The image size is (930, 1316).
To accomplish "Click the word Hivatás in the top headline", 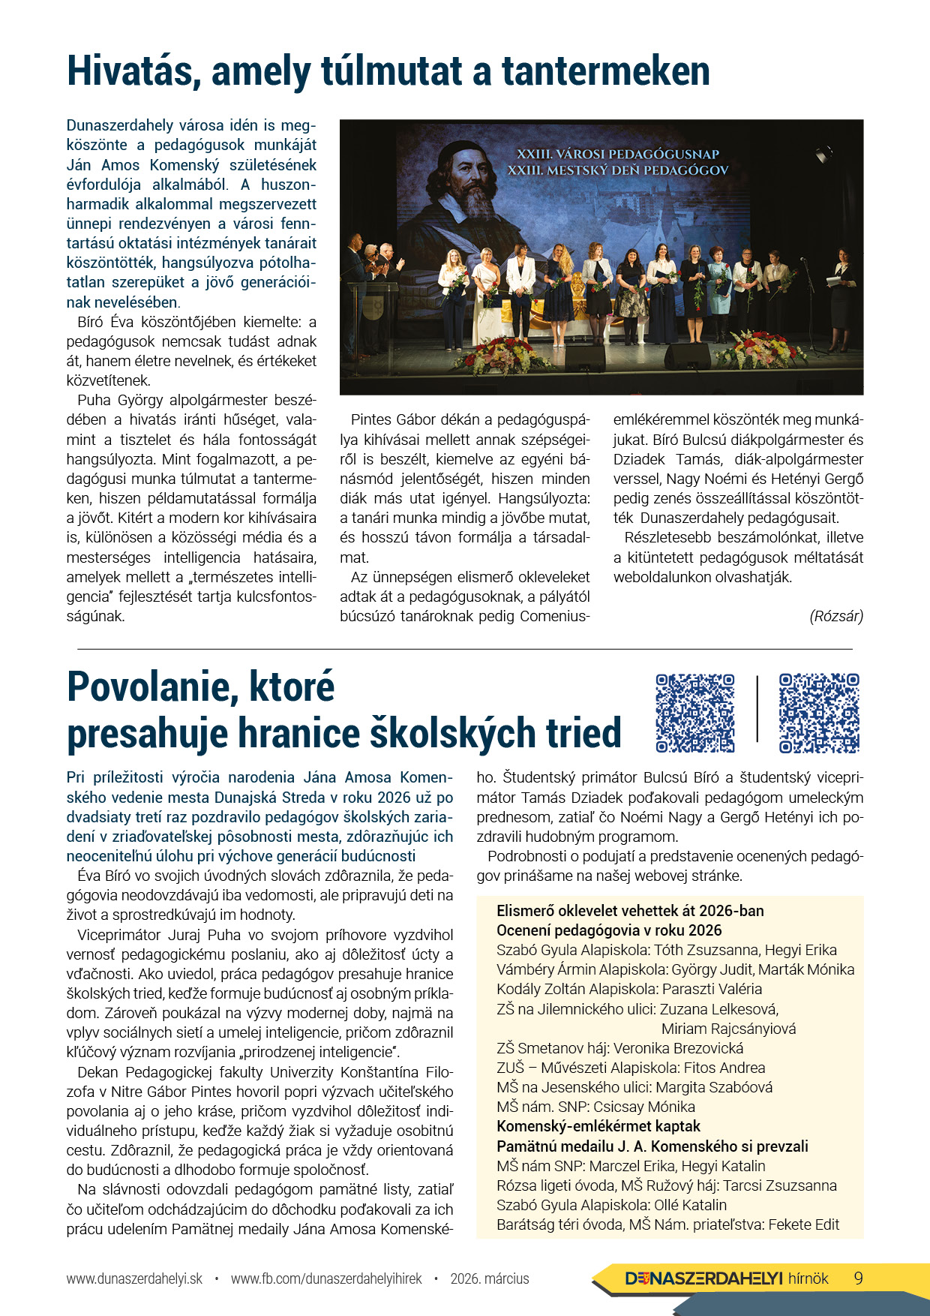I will [x=131, y=72].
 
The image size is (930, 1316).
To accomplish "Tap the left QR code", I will [x=695, y=713].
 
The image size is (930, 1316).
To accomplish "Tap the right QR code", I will [x=819, y=713].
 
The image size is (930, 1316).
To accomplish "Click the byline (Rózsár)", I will [x=836, y=616].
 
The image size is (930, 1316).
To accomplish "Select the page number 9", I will [x=859, y=1278].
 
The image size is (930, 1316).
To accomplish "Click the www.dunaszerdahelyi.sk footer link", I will [x=134, y=1278].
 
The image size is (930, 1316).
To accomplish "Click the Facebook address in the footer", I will [x=326, y=1278].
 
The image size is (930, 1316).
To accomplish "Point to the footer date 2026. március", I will [x=490, y=1278].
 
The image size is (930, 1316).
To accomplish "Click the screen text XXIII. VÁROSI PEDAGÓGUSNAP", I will [x=617, y=154].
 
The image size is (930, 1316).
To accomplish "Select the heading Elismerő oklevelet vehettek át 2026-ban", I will [x=630, y=911].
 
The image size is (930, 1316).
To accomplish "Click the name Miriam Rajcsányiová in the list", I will [x=728, y=1029].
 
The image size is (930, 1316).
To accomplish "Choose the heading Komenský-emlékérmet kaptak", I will [x=598, y=1126].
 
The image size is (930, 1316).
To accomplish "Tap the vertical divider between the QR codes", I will [x=757, y=709].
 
